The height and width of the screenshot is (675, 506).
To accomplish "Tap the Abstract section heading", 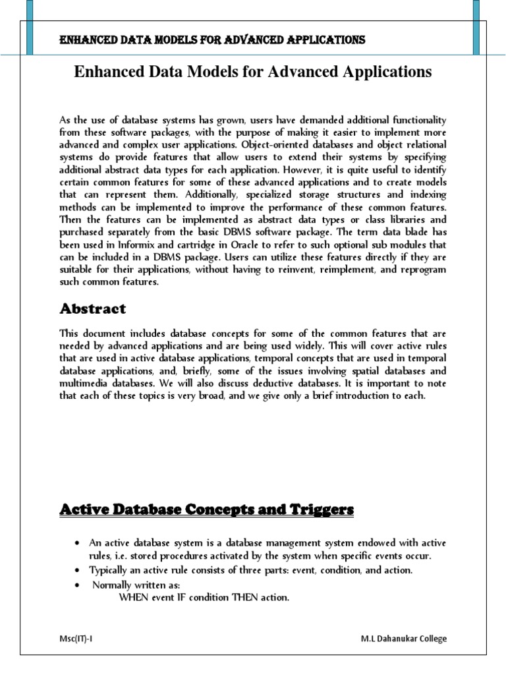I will (92, 308).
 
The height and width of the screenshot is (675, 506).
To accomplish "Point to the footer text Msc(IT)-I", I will (78, 639).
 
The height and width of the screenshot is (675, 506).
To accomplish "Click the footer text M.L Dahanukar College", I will (403, 639).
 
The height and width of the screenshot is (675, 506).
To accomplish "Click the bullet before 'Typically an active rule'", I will (78, 570).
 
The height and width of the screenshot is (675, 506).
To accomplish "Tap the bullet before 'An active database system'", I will (78, 543).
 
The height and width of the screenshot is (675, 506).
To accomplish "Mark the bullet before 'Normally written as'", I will (78, 585).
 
